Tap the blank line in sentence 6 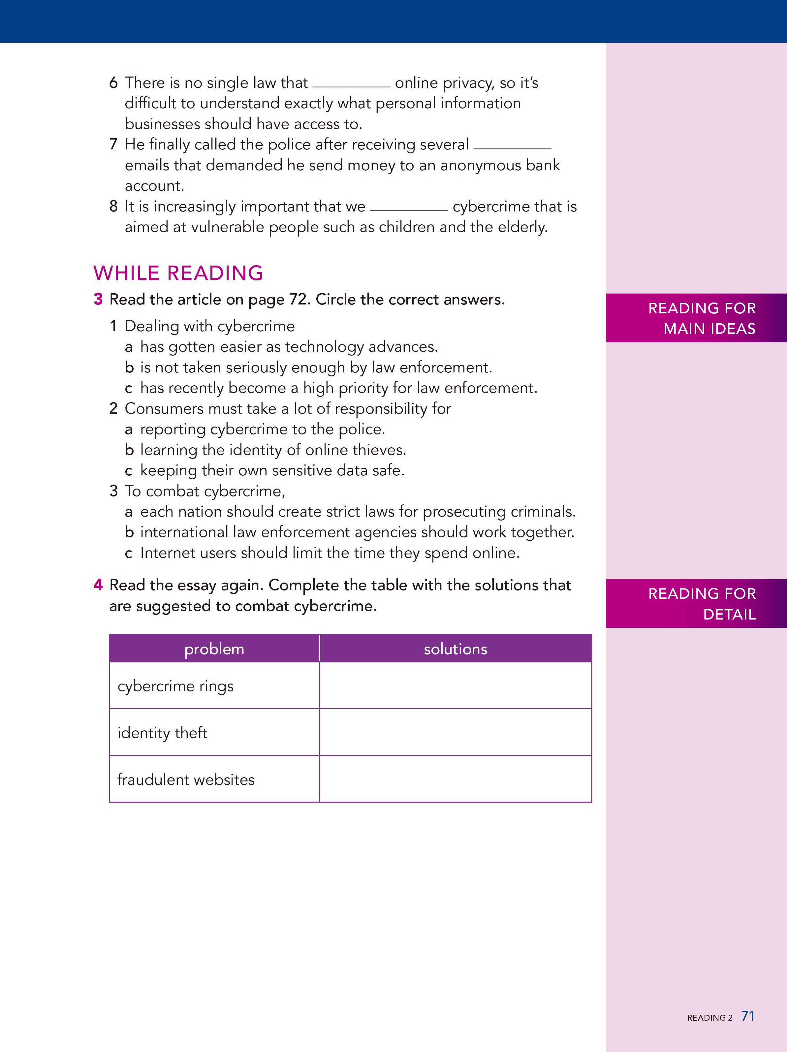pyautogui.click(x=351, y=86)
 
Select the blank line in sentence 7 pyautogui.click(x=512, y=147)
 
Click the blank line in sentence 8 pyautogui.click(x=409, y=209)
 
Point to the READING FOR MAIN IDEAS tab pyautogui.click(x=696, y=318)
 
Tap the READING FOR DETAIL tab pyautogui.click(x=696, y=603)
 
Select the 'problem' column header pyautogui.click(x=214, y=649)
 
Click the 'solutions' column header pyautogui.click(x=455, y=649)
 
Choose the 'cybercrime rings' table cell pyautogui.click(x=214, y=686)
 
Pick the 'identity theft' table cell pyautogui.click(x=214, y=732)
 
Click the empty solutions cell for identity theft pyautogui.click(x=455, y=732)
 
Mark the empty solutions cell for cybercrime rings pyautogui.click(x=455, y=686)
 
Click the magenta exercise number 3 pyautogui.click(x=98, y=299)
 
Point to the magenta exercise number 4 pyautogui.click(x=98, y=585)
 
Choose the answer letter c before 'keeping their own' pyautogui.click(x=128, y=471)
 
